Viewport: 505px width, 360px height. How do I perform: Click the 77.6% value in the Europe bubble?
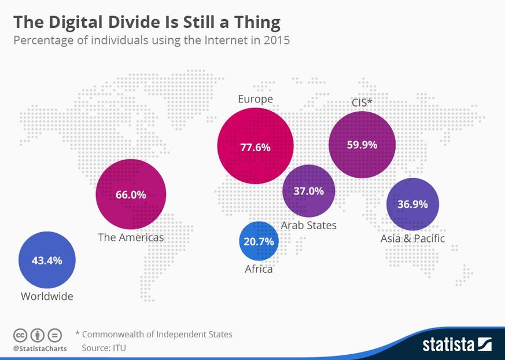point(255,147)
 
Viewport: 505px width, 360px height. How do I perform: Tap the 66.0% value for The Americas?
point(131,194)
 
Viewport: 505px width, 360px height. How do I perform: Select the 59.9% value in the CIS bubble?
point(362,145)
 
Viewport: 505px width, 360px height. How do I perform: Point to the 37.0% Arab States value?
point(308,190)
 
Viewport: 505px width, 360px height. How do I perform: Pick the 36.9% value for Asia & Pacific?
point(412,204)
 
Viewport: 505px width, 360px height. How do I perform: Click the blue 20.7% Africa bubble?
point(259,241)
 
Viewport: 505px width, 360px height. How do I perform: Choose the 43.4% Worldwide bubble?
point(47,260)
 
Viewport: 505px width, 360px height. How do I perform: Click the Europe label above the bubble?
point(255,99)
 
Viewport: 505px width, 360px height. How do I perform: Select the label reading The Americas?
point(131,237)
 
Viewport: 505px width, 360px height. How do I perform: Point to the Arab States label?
point(308,225)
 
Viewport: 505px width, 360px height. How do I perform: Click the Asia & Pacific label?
point(412,238)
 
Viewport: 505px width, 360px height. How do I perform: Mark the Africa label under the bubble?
point(259,269)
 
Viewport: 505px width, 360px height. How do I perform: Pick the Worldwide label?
point(47,296)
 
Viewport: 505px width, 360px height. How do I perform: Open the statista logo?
point(456,344)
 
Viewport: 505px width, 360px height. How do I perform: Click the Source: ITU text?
point(104,348)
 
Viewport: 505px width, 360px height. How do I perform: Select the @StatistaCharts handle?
point(40,348)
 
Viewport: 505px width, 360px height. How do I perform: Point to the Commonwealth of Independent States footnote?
point(157,334)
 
